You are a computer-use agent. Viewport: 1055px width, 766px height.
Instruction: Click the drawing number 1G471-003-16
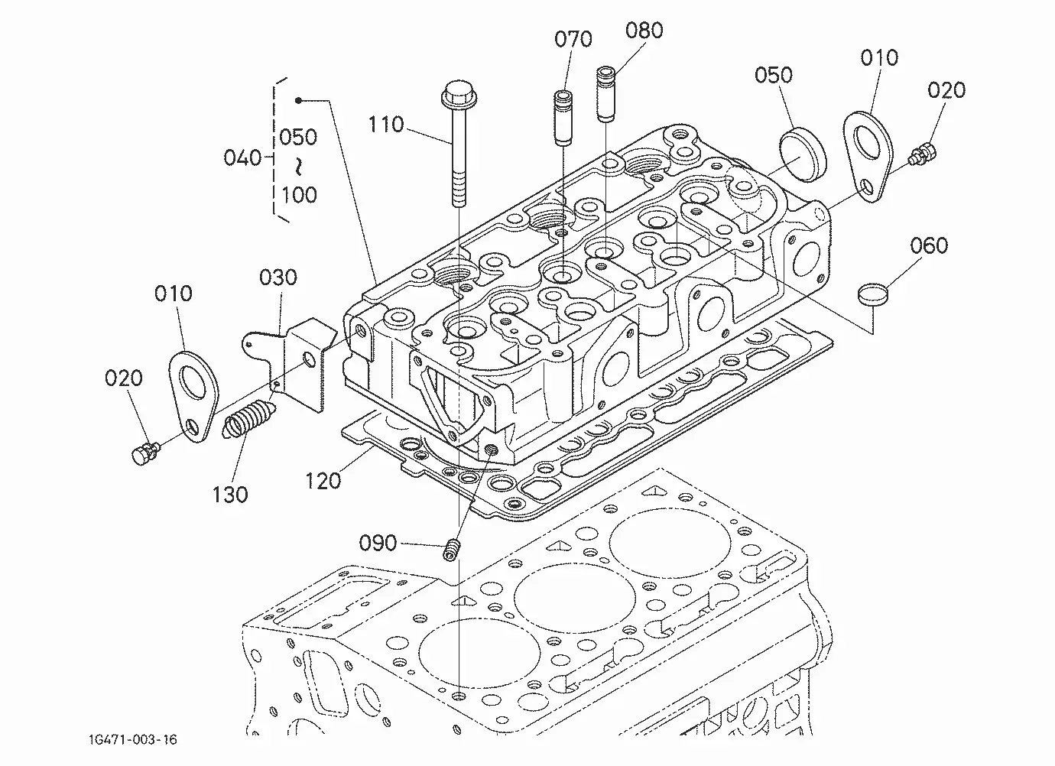(133, 739)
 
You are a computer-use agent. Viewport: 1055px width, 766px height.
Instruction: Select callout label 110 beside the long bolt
(386, 125)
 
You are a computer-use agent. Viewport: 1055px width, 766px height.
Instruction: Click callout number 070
(573, 40)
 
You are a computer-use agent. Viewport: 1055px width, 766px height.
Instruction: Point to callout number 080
(644, 31)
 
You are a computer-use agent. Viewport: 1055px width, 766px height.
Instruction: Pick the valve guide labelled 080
(606, 94)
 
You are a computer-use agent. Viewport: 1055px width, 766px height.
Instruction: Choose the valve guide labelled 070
(563, 118)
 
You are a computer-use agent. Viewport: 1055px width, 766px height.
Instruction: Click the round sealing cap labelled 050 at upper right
(803, 154)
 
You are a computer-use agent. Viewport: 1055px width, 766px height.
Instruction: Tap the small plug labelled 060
(872, 294)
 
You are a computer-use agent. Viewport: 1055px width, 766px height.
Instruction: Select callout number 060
(929, 246)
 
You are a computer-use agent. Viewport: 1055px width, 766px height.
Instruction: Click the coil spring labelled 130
(248, 419)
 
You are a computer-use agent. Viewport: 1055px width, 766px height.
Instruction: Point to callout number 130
(230, 495)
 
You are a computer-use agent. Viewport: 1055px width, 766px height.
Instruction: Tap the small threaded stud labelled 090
(452, 550)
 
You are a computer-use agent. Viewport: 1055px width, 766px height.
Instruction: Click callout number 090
(378, 544)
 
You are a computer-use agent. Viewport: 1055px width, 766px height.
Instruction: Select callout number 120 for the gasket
(323, 482)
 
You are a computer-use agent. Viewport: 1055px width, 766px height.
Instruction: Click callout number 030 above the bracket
(278, 278)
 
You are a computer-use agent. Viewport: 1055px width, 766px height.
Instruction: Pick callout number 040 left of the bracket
(242, 158)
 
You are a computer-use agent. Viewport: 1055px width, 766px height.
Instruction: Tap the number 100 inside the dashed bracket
(299, 195)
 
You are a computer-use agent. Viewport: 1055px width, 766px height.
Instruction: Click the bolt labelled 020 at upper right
(922, 155)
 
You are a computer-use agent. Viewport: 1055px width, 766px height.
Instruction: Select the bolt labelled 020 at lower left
(145, 453)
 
